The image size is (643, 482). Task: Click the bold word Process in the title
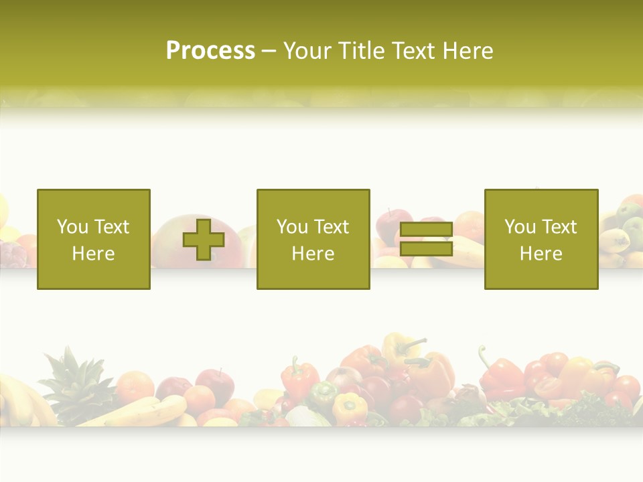point(210,51)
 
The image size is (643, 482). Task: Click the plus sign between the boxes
point(204,240)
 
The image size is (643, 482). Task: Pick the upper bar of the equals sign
point(426,230)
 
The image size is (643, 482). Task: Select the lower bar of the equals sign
point(426,249)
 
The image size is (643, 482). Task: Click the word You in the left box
point(72,227)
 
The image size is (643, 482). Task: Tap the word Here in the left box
point(93,254)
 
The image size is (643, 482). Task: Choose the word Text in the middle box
point(332,227)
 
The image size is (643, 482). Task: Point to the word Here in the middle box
point(313,254)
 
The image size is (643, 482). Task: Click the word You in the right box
point(520,227)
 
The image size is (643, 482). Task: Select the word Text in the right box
point(559,227)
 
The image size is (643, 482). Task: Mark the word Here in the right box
point(541,254)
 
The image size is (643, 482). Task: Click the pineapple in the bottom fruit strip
point(70,388)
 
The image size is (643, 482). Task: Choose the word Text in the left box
point(112,227)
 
